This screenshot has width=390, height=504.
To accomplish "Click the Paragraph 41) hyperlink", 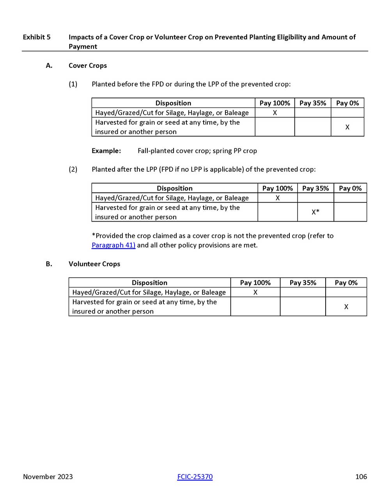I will tap(113, 245).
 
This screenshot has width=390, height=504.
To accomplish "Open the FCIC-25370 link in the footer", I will tap(195, 476).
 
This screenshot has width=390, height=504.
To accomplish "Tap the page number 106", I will tap(361, 476).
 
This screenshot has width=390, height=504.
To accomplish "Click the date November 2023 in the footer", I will tap(48, 476).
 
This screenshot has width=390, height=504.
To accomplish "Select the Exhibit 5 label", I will tap(37, 37).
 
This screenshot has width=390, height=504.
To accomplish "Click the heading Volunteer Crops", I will tap(94, 264).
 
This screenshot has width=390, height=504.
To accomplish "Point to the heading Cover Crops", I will tap(88, 65).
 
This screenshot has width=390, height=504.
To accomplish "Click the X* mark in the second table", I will tap(315, 212).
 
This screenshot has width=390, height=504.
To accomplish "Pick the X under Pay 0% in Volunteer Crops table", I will tap(346, 307).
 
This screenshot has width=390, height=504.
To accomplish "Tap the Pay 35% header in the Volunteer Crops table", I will tap(303, 282).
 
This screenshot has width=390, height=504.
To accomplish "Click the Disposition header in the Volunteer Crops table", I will tap(149, 282).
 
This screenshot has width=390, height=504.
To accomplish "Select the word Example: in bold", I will tap(106, 151).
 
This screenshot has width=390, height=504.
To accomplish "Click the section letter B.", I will tap(49, 264).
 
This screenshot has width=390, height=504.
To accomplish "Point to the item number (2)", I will tap(73, 169).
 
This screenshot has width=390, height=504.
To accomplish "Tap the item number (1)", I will tap(73, 84).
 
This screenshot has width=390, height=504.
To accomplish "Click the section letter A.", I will tap(49, 65).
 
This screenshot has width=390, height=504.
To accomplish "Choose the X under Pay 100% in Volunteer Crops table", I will tap(255, 292).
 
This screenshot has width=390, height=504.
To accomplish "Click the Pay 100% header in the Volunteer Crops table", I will tap(255, 282).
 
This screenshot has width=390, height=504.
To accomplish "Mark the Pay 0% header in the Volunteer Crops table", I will tap(346, 282).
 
